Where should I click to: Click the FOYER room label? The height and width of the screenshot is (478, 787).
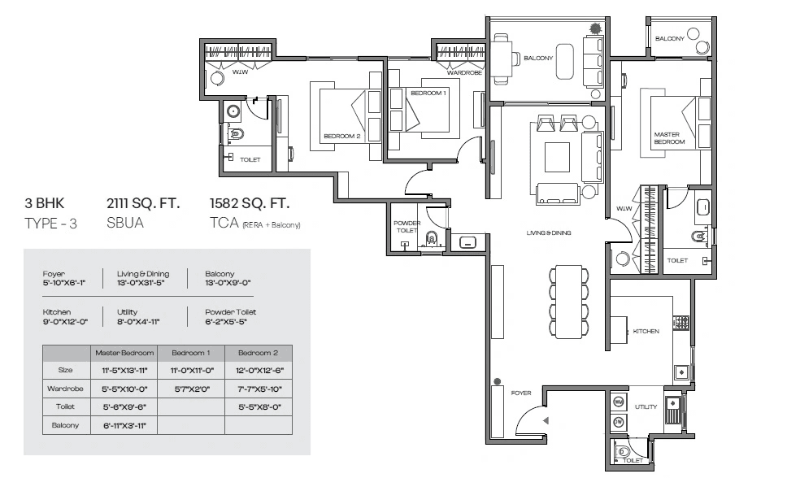(x=521, y=393)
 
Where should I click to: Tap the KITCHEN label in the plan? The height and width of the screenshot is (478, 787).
(x=646, y=332)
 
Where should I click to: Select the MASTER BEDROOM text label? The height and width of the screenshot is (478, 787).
(x=669, y=138)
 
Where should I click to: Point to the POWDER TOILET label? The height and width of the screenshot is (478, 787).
(x=407, y=227)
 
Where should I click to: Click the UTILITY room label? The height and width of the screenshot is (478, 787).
(x=646, y=406)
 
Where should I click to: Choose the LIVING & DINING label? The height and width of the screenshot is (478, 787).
(x=549, y=233)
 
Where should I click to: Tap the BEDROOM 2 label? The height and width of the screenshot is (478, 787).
(x=341, y=137)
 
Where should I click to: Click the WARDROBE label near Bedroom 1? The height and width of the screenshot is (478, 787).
(x=464, y=72)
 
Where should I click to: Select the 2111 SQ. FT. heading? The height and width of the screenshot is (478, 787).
(x=143, y=203)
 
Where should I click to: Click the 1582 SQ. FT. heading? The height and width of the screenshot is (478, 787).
(x=250, y=203)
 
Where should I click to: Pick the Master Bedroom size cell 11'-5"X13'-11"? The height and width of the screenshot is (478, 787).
(x=123, y=370)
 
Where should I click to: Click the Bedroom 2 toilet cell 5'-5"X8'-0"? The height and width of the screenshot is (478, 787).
(x=258, y=406)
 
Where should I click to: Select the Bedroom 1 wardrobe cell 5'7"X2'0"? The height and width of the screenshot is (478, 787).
(x=190, y=389)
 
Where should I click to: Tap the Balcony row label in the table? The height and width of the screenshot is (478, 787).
(x=65, y=425)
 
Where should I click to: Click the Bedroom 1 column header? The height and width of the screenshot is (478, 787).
(x=190, y=353)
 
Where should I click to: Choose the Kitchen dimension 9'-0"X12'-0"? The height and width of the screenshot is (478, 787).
(x=68, y=321)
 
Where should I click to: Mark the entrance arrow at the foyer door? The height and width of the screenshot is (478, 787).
(x=546, y=420)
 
